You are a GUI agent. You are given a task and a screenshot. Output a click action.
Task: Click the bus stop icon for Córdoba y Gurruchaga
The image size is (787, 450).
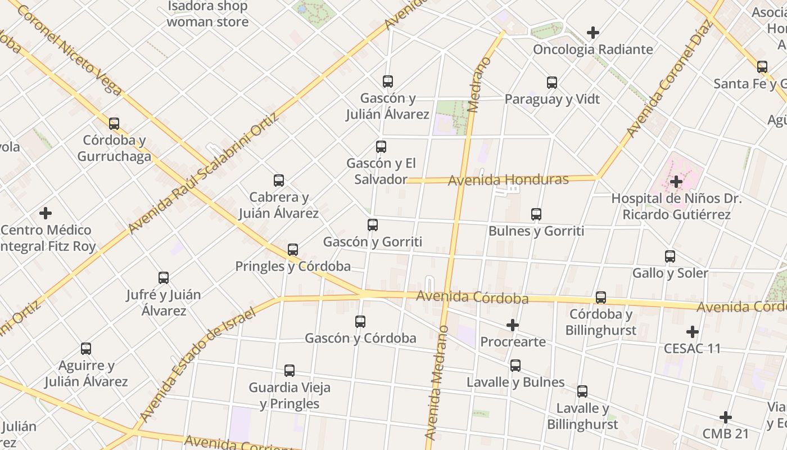click(114, 123)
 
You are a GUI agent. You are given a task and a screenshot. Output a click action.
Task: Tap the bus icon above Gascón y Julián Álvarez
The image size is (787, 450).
click(387, 81)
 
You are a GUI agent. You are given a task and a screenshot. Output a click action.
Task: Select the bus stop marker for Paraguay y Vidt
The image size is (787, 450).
click(551, 83)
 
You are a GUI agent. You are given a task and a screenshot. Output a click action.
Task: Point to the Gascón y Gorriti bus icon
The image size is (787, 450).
click(372, 225)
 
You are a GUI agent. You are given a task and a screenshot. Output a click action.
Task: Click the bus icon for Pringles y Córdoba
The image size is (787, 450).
click(292, 249)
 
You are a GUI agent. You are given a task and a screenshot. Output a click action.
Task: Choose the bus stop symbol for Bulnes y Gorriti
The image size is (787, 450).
click(536, 214)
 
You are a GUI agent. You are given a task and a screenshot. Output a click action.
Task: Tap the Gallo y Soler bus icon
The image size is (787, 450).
click(670, 256)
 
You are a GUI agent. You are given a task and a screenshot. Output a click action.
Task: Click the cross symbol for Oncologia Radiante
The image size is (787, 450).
click(592, 33)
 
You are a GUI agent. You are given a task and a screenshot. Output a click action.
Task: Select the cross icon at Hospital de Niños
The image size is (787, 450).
click(676, 182)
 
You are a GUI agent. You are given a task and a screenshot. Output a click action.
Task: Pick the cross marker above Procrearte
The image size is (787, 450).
click(512, 325)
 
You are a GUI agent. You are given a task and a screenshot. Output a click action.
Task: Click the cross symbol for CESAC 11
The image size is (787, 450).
click(692, 331)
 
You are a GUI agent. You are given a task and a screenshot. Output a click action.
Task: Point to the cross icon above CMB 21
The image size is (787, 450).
click(725, 417)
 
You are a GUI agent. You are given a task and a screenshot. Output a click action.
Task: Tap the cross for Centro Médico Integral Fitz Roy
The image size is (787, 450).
click(46, 213)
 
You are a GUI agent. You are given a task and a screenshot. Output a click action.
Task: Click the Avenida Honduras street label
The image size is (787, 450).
click(508, 180)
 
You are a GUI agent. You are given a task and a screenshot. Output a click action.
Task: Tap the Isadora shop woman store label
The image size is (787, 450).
click(207, 15)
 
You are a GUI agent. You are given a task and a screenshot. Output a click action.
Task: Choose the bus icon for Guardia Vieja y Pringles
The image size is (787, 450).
click(289, 370)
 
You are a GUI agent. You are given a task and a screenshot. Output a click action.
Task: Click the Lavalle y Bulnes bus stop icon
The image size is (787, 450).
click(515, 366)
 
